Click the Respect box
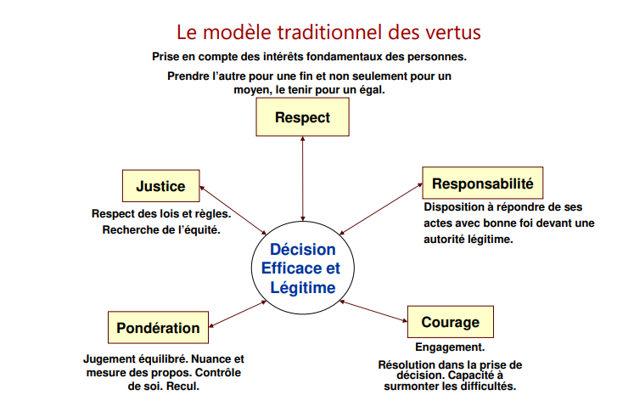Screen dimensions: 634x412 [302, 117]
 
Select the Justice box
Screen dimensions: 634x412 [161, 186]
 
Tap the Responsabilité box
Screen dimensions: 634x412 [483, 183]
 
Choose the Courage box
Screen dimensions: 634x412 [451, 322]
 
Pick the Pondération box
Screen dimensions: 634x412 [158, 327]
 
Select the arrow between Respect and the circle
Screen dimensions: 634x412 [302, 178]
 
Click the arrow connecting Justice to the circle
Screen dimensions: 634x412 [233, 210]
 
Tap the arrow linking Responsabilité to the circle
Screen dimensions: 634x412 [381, 209]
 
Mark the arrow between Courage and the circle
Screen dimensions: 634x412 [373, 311]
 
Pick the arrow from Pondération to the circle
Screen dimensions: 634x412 [238, 313]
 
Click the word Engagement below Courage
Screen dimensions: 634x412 [450, 347]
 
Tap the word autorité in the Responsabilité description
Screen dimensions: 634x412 [444, 240]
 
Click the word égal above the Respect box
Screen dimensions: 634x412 [372, 89]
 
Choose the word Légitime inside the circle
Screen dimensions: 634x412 [303, 288]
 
